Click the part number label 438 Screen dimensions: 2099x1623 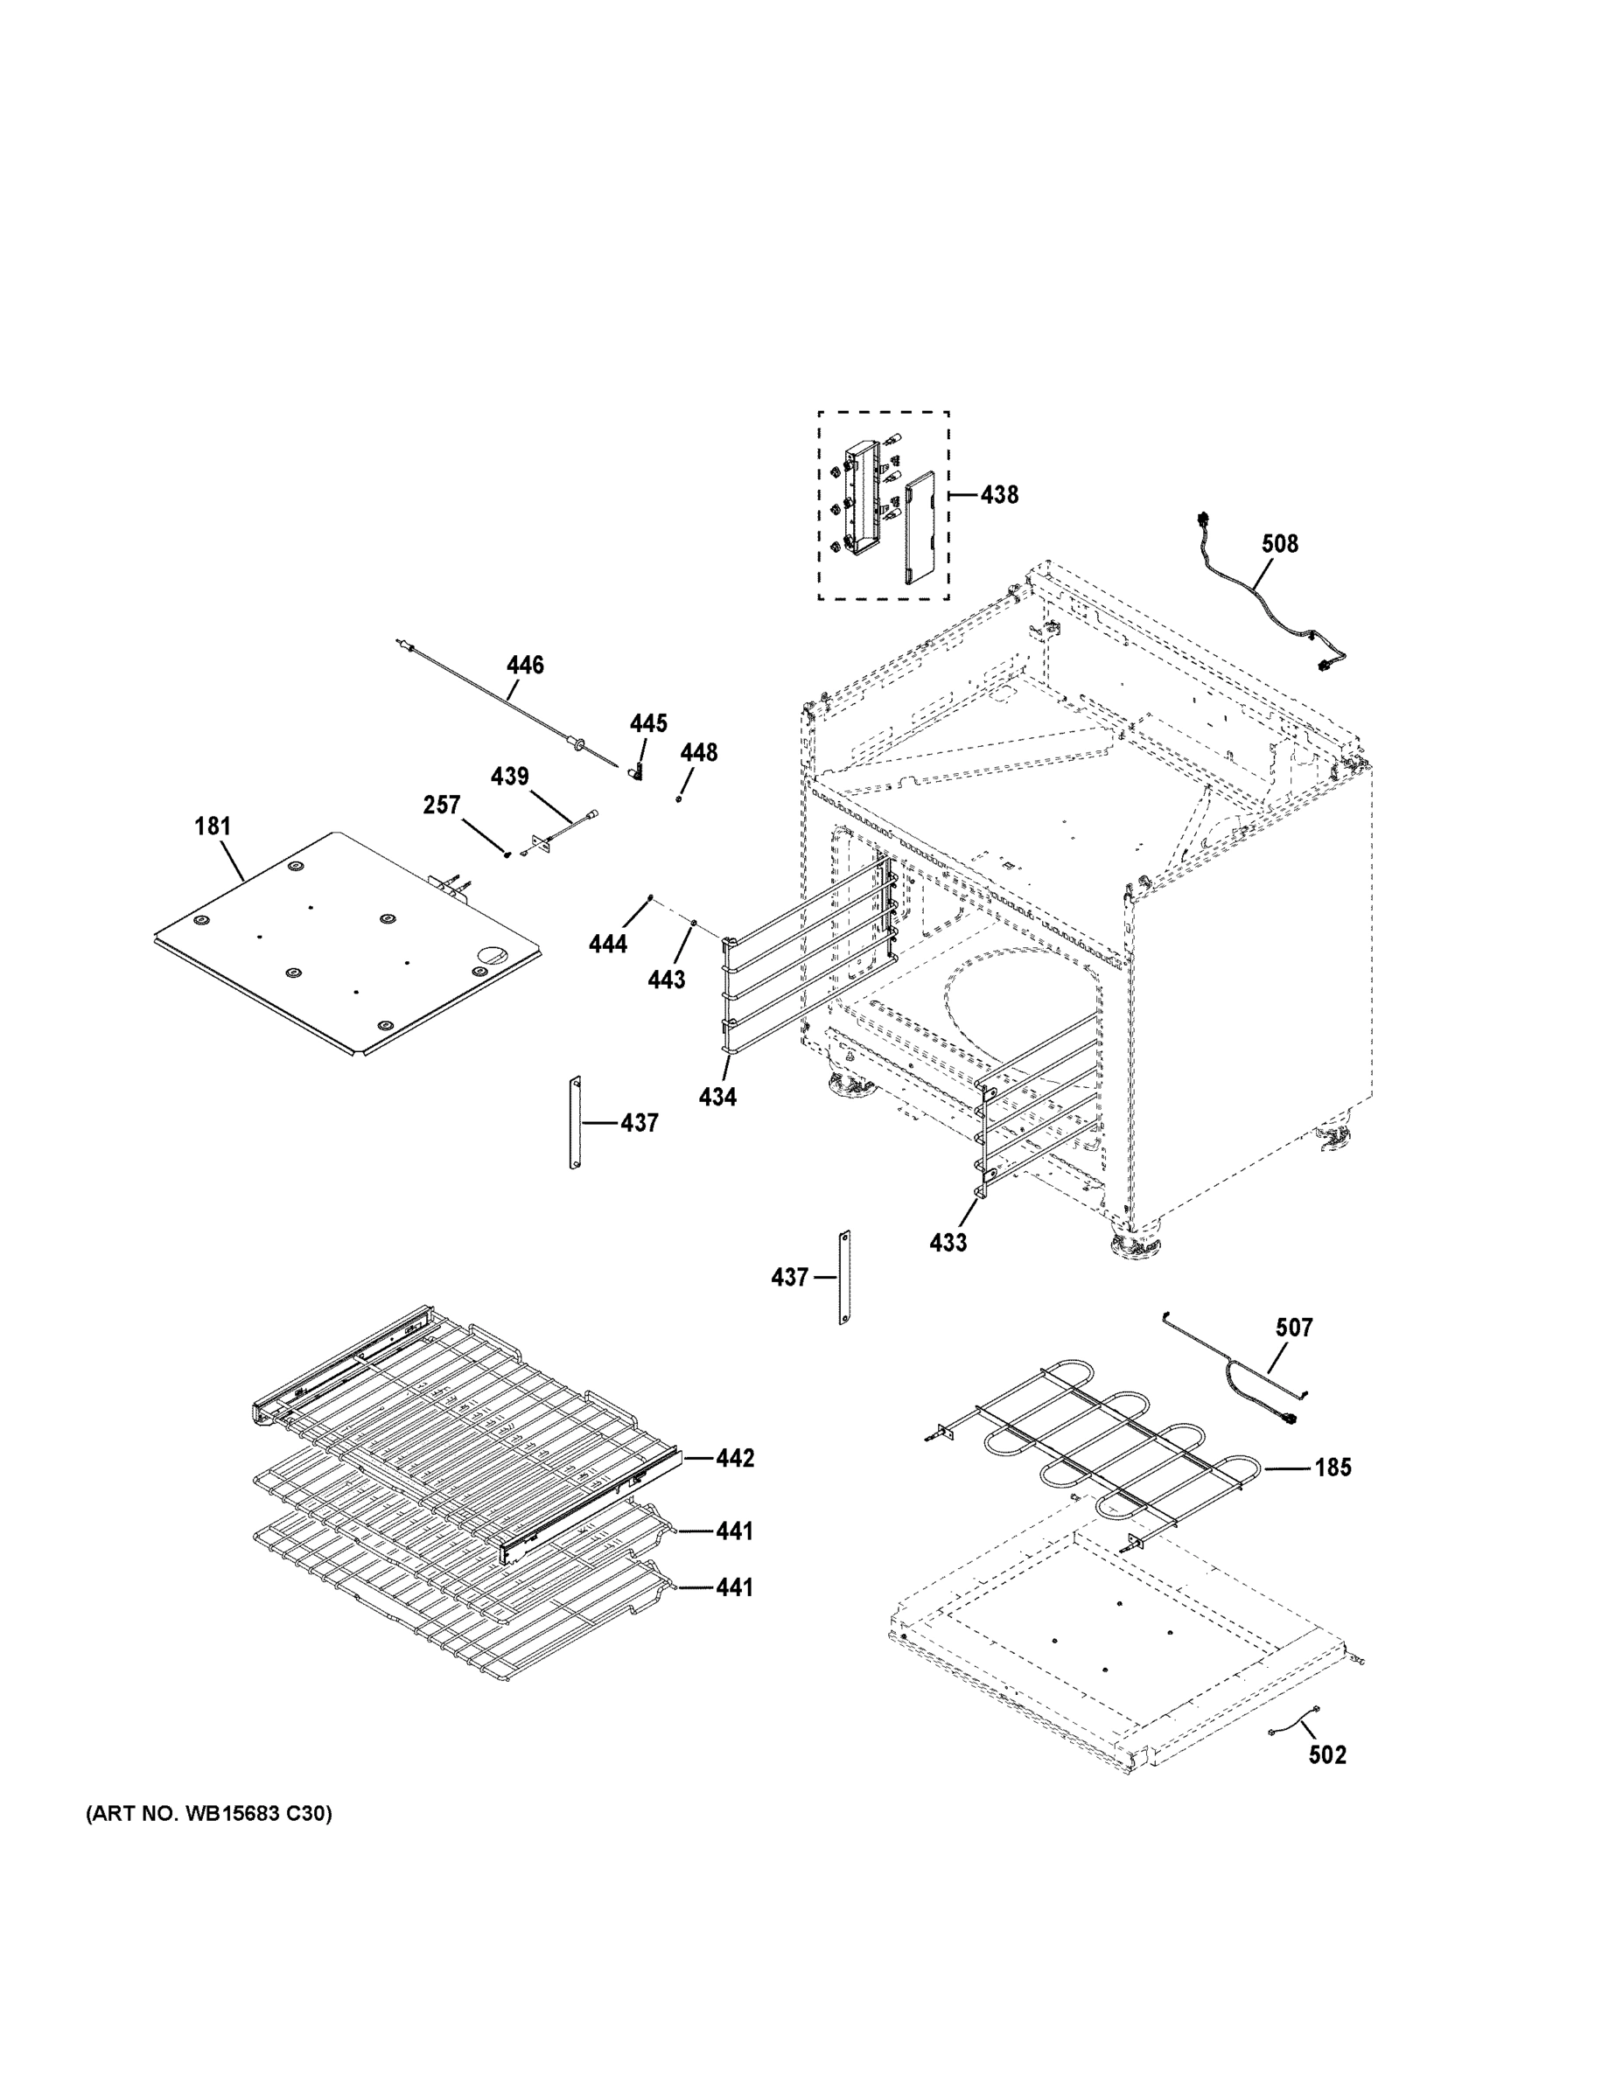point(999,495)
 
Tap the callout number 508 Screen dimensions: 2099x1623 point(1280,544)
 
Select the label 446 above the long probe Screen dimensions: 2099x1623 point(525,665)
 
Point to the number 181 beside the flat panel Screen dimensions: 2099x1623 point(213,826)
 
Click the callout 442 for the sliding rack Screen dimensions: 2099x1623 point(735,1458)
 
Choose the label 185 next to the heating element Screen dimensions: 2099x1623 point(1333,1468)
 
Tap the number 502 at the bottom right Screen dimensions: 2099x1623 point(1327,1755)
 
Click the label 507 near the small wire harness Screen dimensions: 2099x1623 point(1293,1328)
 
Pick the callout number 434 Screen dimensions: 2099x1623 point(717,1097)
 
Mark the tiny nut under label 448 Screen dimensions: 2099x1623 point(679,798)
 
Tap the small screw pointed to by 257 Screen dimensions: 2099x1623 point(507,855)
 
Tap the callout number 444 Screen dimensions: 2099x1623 point(608,944)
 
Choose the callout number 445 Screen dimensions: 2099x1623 point(648,723)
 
